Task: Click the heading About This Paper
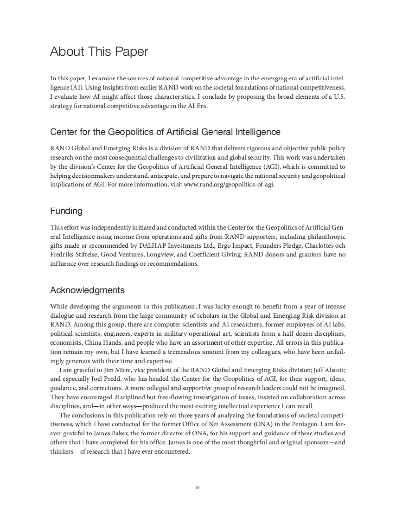[x=99, y=52]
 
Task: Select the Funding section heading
[x=66, y=211]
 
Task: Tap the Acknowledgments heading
[x=87, y=290]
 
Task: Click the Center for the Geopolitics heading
[x=165, y=132]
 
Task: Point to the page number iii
[x=198, y=488]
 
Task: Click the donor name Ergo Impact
[x=230, y=246]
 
